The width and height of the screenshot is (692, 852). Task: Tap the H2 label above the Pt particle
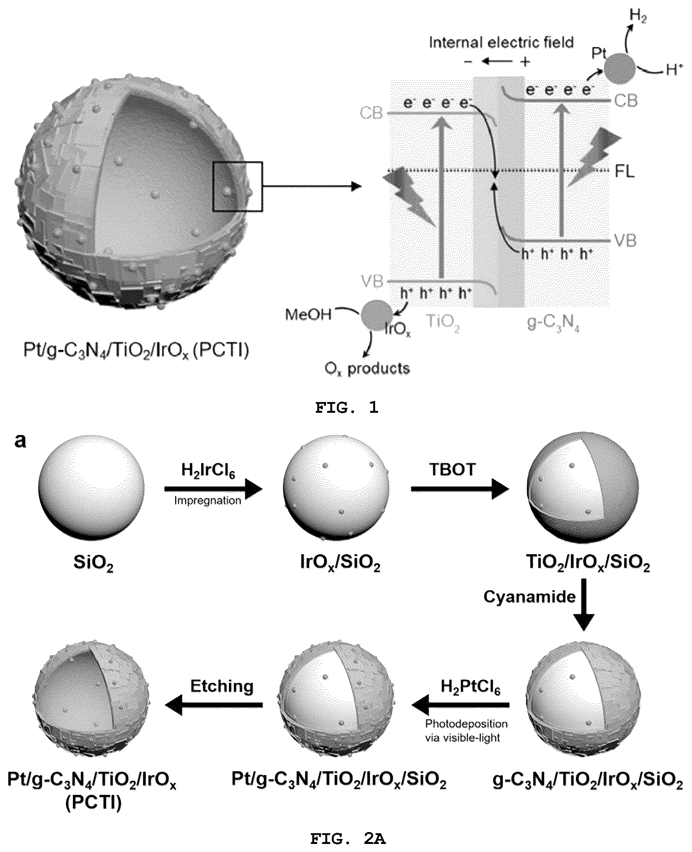click(638, 16)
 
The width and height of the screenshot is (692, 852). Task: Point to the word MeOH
click(308, 315)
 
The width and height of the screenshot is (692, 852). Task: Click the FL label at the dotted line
click(625, 172)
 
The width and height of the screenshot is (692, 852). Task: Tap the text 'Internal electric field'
click(501, 42)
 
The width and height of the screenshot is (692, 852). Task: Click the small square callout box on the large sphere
click(238, 186)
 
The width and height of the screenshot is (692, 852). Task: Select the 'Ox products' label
click(367, 369)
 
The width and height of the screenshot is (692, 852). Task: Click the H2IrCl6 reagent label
click(208, 470)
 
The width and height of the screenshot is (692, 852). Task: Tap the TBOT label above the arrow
click(453, 469)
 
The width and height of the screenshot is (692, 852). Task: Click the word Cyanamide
click(530, 597)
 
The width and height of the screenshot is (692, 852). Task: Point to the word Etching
click(221, 686)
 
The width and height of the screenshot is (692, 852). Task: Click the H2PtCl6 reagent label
click(471, 687)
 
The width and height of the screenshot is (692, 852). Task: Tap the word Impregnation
click(208, 501)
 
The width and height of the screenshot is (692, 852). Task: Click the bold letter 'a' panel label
click(20, 441)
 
